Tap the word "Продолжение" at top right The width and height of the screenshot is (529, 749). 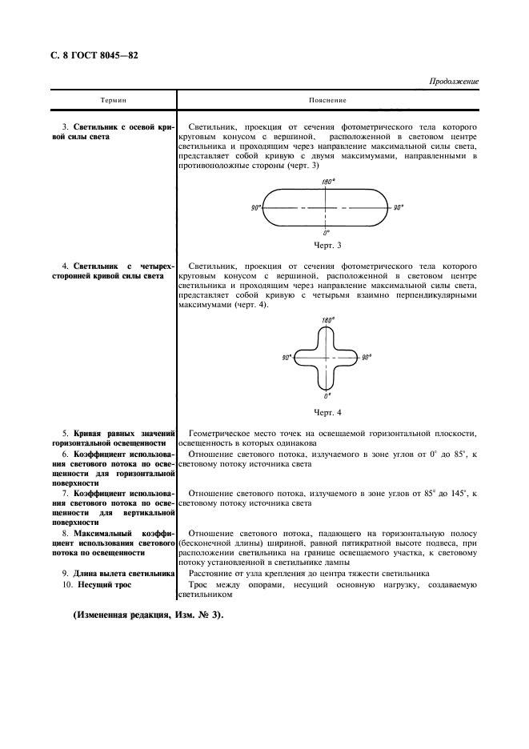click(x=453, y=82)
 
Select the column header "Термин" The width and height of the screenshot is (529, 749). click(x=113, y=101)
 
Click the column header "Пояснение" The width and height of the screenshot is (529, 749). click(x=327, y=101)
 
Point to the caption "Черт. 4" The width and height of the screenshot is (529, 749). click(x=327, y=412)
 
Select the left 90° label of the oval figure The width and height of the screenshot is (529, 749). click(x=255, y=207)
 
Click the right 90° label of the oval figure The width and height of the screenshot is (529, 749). click(x=398, y=207)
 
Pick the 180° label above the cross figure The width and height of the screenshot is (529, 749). click(x=327, y=320)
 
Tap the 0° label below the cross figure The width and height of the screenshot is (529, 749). click(x=327, y=396)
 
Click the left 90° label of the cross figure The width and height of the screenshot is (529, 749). click(x=287, y=358)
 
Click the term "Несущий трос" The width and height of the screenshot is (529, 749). click(x=106, y=585)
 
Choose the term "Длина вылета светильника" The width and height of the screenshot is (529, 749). click(x=123, y=573)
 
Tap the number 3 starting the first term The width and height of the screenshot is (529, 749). click(x=64, y=128)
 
